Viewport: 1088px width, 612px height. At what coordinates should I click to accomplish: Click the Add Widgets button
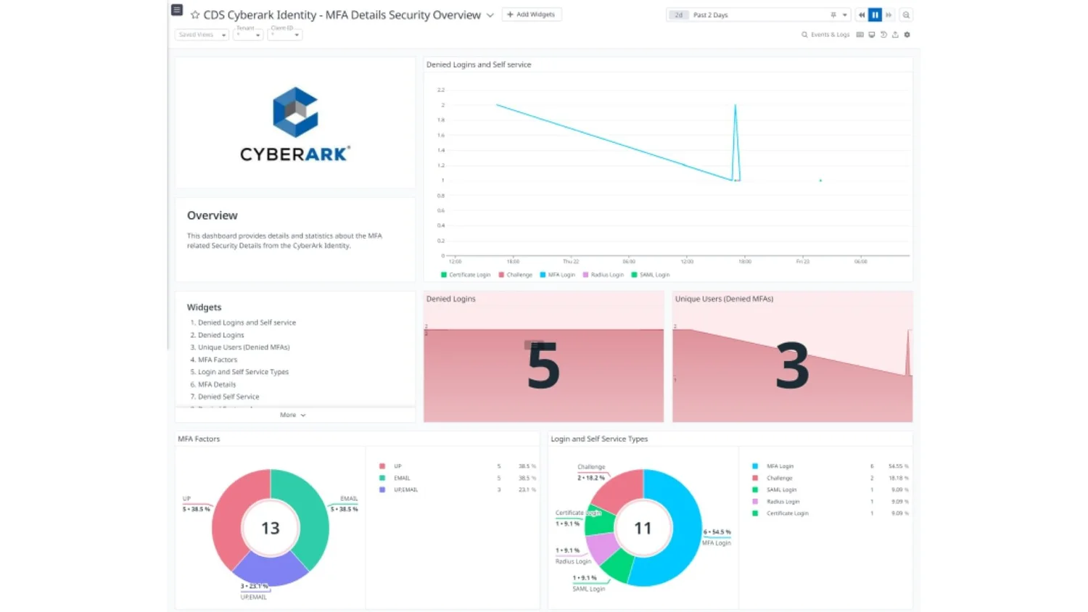pyautogui.click(x=532, y=15)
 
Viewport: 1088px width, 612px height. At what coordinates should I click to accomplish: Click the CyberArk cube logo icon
pyautogui.click(x=295, y=112)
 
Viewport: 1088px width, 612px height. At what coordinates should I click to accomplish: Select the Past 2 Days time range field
pyautogui.click(x=754, y=15)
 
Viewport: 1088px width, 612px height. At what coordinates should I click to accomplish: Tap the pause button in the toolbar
pyautogui.click(x=875, y=15)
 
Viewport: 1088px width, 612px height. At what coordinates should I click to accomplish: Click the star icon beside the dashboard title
pyautogui.click(x=195, y=15)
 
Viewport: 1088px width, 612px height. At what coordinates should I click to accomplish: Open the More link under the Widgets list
pyautogui.click(x=292, y=415)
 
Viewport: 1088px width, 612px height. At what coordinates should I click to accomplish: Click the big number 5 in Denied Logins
pyautogui.click(x=543, y=366)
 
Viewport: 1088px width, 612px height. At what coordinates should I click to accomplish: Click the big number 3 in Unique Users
pyautogui.click(x=792, y=366)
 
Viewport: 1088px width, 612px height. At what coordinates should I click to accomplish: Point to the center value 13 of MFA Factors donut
pyautogui.click(x=271, y=528)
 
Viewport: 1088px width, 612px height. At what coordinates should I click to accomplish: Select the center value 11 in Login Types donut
pyautogui.click(x=643, y=528)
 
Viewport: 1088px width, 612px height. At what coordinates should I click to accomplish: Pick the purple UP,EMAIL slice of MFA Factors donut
pyautogui.click(x=270, y=570)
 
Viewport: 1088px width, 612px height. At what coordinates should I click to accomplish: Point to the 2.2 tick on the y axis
pyautogui.click(x=441, y=90)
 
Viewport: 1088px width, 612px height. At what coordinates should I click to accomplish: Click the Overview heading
pyautogui.click(x=212, y=215)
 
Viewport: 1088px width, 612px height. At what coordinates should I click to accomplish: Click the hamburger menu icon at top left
pyautogui.click(x=176, y=10)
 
